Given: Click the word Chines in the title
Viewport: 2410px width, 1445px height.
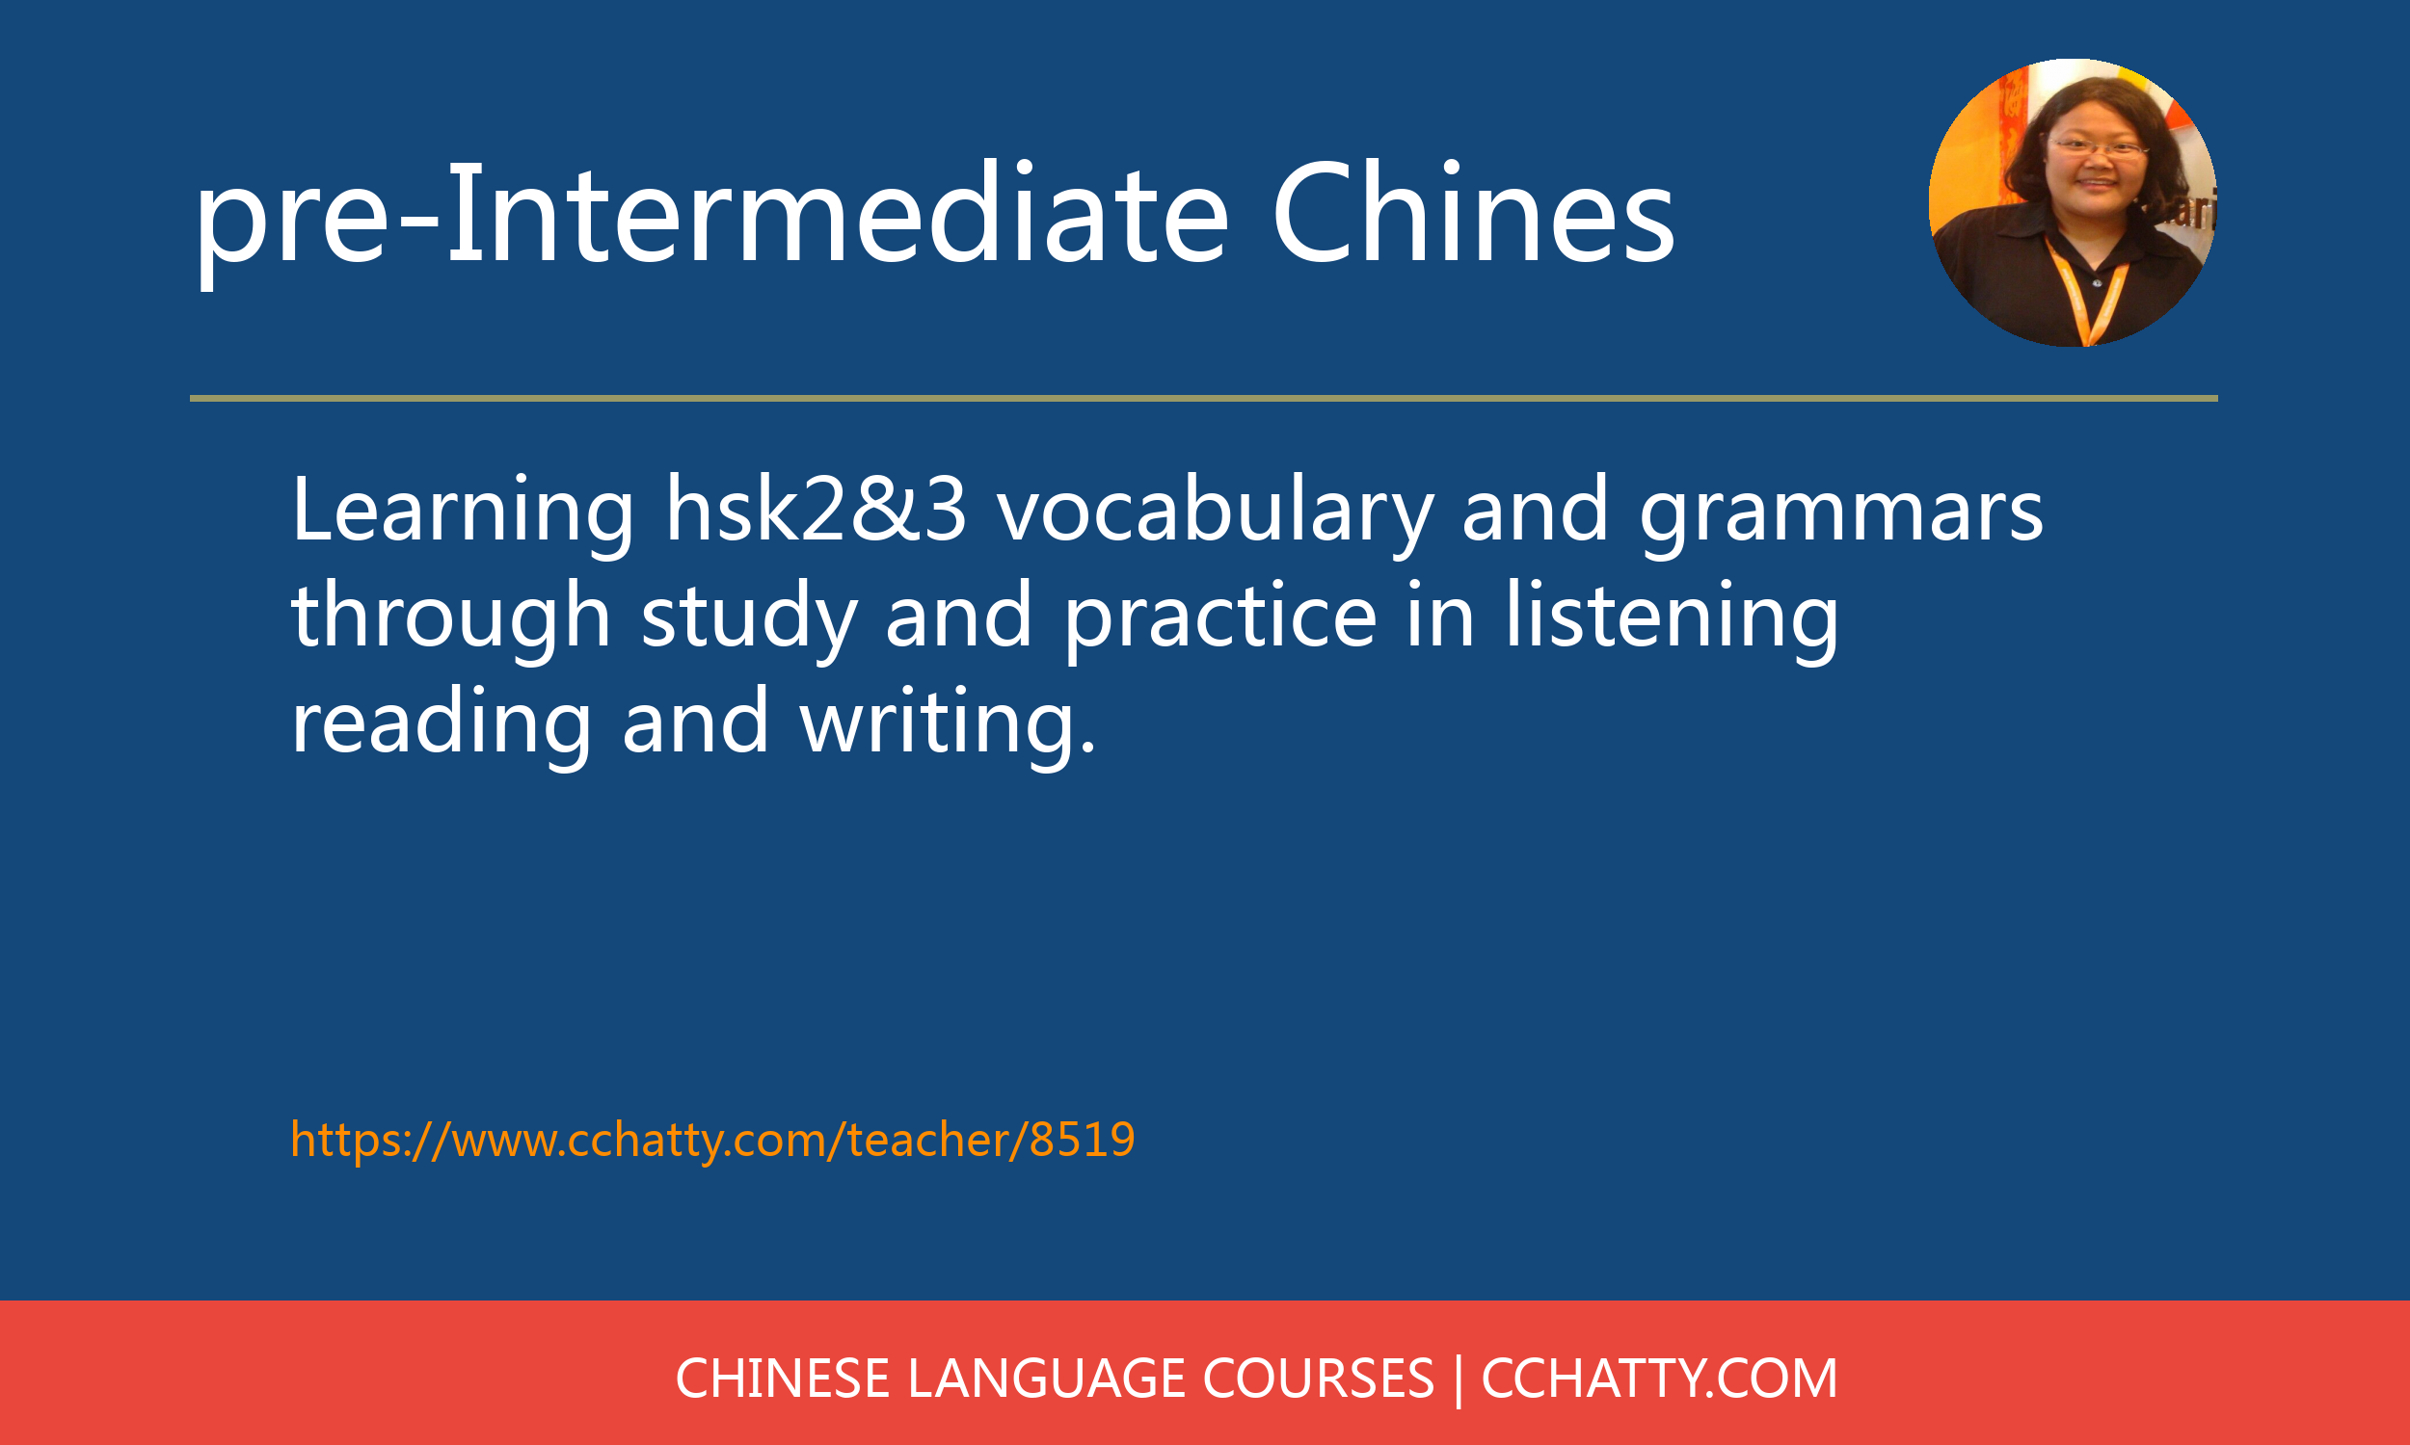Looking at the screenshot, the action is [1473, 213].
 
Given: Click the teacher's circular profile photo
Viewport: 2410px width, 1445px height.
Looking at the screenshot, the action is [2073, 202].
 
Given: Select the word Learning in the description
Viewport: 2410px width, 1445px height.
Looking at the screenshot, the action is [463, 515].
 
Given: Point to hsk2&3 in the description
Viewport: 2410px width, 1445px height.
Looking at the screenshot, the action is [817, 509].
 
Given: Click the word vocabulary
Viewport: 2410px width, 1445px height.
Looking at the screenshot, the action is [1215, 515].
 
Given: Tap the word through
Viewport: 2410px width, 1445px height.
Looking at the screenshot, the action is [451, 618].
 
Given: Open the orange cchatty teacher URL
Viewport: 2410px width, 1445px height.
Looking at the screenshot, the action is [713, 1140].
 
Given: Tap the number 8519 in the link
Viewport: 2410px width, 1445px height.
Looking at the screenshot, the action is [1083, 1140].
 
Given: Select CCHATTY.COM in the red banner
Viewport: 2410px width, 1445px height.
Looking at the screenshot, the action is [1659, 1378].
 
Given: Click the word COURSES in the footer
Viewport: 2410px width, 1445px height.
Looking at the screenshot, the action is [1318, 1378].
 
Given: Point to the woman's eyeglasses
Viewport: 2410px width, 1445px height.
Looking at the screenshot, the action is [2098, 148].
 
